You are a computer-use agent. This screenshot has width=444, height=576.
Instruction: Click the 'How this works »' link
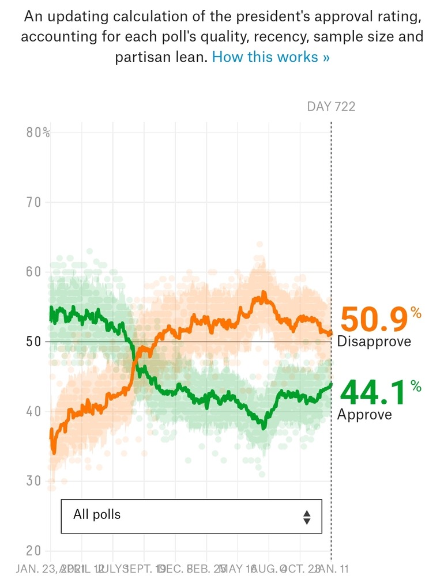tap(271, 57)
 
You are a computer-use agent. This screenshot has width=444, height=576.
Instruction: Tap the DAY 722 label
tap(331, 106)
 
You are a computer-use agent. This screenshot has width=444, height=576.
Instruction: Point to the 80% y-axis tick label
tap(38, 132)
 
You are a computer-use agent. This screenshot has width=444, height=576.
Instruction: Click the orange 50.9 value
tap(373, 320)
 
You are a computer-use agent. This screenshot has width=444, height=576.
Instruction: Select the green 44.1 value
tap(373, 393)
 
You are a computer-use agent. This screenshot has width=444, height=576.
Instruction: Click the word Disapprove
tap(374, 341)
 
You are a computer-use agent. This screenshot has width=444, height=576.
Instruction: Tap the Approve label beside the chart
tap(364, 414)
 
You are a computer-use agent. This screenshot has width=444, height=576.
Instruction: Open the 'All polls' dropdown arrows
tap(307, 517)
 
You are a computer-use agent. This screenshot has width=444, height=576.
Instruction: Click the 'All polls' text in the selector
tap(97, 514)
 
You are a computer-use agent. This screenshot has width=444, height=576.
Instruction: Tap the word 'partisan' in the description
tap(144, 57)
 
